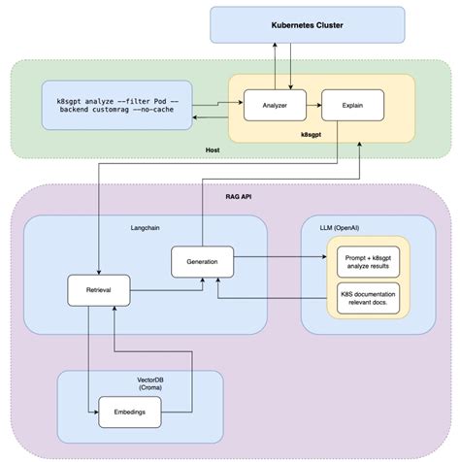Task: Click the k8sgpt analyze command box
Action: [116, 106]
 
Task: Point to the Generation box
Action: [202, 261]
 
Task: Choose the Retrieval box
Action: [99, 289]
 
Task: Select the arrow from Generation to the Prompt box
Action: [281, 258]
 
